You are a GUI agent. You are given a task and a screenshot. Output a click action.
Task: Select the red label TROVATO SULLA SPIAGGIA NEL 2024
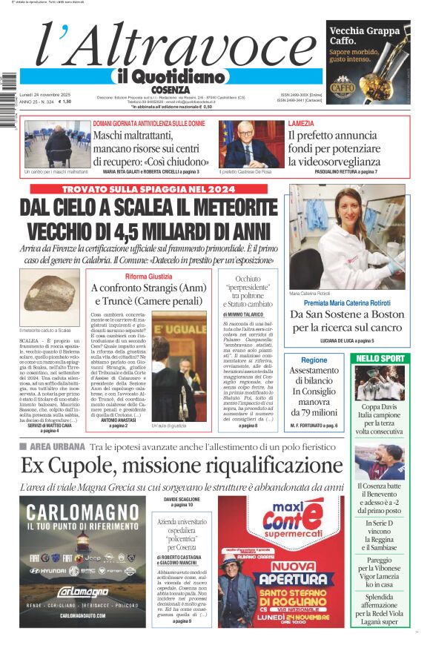[151, 190]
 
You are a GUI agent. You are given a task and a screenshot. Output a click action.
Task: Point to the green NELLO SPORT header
[380, 358]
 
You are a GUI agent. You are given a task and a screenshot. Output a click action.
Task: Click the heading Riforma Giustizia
[148, 277]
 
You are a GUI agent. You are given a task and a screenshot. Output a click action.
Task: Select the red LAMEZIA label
[301, 123]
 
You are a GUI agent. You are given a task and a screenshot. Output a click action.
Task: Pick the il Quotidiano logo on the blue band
[168, 76]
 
